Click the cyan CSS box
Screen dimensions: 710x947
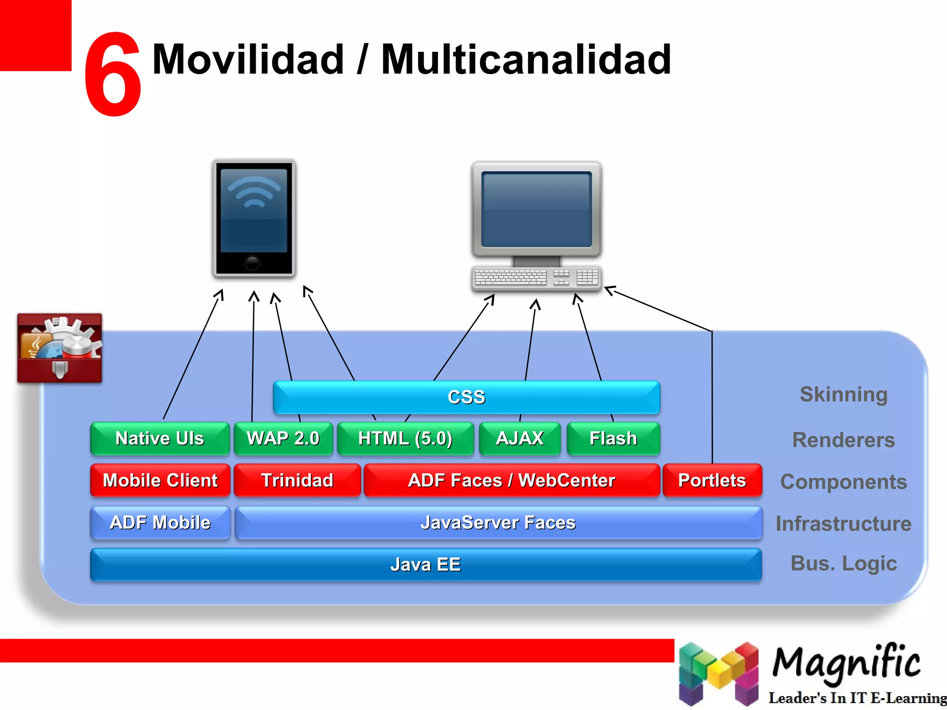(x=466, y=397)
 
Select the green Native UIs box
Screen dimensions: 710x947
(x=160, y=438)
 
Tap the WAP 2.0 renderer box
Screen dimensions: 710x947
(x=283, y=438)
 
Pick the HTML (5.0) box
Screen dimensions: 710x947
(x=405, y=438)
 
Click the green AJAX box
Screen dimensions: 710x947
(x=520, y=438)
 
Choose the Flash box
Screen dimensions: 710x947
(x=613, y=438)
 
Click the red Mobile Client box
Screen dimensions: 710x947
(x=160, y=480)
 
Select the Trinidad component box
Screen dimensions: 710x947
(x=297, y=480)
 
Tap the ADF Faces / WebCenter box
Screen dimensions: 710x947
(x=511, y=480)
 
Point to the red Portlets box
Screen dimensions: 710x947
(x=712, y=480)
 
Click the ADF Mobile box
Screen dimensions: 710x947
(x=160, y=522)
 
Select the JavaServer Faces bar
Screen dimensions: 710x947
(x=498, y=522)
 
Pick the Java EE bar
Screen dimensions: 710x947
(x=425, y=564)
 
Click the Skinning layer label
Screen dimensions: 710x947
(x=843, y=394)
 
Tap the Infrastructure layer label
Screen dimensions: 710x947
(x=843, y=524)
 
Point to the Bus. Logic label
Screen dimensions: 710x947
(x=843, y=563)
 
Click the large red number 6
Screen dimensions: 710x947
(x=112, y=74)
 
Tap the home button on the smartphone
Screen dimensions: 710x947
(x=252, y=263)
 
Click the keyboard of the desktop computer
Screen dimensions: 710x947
(x=536, y=278)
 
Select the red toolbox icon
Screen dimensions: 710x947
(x=60, y=348)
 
